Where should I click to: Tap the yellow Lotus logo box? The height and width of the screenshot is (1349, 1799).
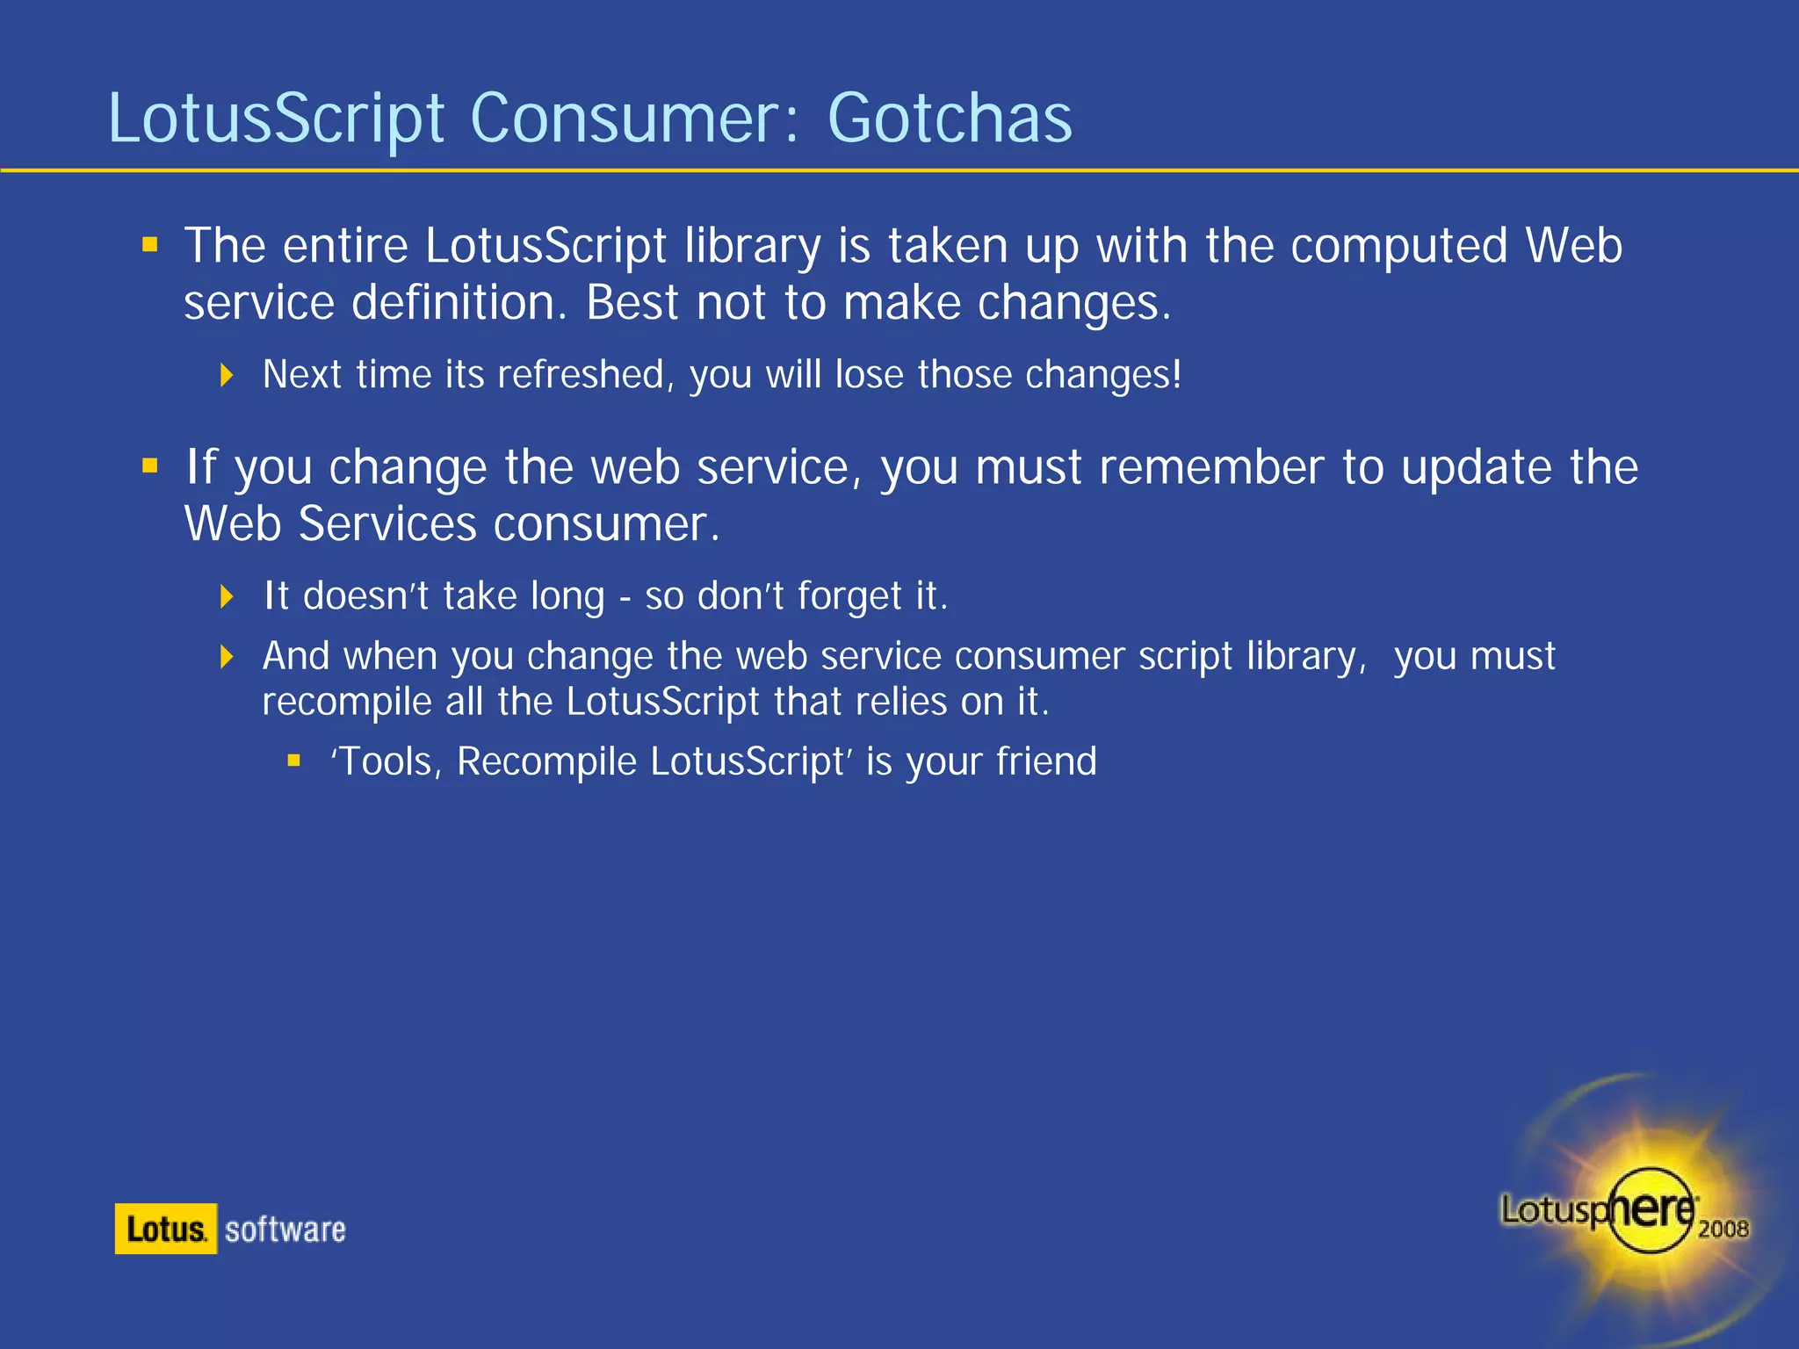pyautogui.click(x=165, y=1229)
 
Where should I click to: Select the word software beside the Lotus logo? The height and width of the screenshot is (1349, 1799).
pyautogui.click(x=285, y=1230)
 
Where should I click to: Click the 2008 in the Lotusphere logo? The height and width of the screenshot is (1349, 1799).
pyautogui.click(x=1723, y=1229)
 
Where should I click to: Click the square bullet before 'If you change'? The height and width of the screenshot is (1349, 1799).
pyautogui.click(x=150, y=465)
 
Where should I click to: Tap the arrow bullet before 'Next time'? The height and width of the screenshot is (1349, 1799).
pyautogui.click(x=227, y=376)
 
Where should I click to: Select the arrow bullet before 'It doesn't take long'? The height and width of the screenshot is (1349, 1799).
pyautogui.click(x=227, y=597)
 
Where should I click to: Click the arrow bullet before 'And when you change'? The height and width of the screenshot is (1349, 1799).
pyautogui.click(x=227, y=656)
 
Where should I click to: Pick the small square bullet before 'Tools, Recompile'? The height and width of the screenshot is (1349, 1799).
pyautogui.click(x=294, y=761)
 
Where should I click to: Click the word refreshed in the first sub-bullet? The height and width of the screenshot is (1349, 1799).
pyautogui.click(x=581, y=375)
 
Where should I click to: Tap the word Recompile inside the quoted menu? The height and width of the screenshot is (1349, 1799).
pyautogui.click(x=546, y=761)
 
